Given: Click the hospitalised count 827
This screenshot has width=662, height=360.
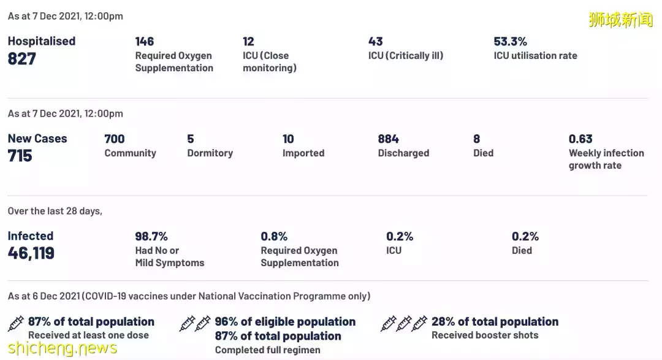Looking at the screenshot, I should [22, 59].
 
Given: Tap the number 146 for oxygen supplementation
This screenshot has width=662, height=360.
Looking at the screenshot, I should [145, 42].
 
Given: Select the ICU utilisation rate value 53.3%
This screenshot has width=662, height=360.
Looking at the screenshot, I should [510, 42].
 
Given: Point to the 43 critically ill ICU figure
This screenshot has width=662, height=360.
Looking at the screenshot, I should [376, 42].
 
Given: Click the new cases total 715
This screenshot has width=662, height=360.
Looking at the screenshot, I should [20, 156].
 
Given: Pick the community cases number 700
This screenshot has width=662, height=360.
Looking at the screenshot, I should [115, 139].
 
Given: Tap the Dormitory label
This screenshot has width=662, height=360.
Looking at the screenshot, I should [210, 153].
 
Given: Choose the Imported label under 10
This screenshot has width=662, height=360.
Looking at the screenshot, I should [303, 153].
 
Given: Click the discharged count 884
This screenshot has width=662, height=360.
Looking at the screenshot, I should [388, 139].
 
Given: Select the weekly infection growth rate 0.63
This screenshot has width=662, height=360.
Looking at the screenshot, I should [580, 139].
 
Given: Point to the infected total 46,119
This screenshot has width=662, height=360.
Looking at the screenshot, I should [31, 253].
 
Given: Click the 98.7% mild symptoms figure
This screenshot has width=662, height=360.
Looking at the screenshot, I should [151, 237].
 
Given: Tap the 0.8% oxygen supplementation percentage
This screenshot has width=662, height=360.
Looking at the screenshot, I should [274, 237].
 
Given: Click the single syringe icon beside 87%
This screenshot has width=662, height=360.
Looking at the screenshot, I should [17, 323].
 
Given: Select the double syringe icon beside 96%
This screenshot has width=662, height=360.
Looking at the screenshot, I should [195, 323].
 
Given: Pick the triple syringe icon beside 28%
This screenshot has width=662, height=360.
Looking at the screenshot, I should [404, 323].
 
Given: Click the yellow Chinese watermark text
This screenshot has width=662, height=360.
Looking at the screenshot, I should [620, 20].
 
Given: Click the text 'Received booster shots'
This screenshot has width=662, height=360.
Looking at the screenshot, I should [485, 335].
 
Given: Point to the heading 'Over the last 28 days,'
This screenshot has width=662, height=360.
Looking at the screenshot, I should [55, 211].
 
